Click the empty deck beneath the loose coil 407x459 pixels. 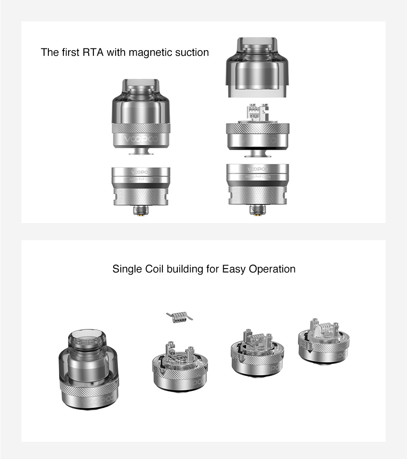[180, 365]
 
